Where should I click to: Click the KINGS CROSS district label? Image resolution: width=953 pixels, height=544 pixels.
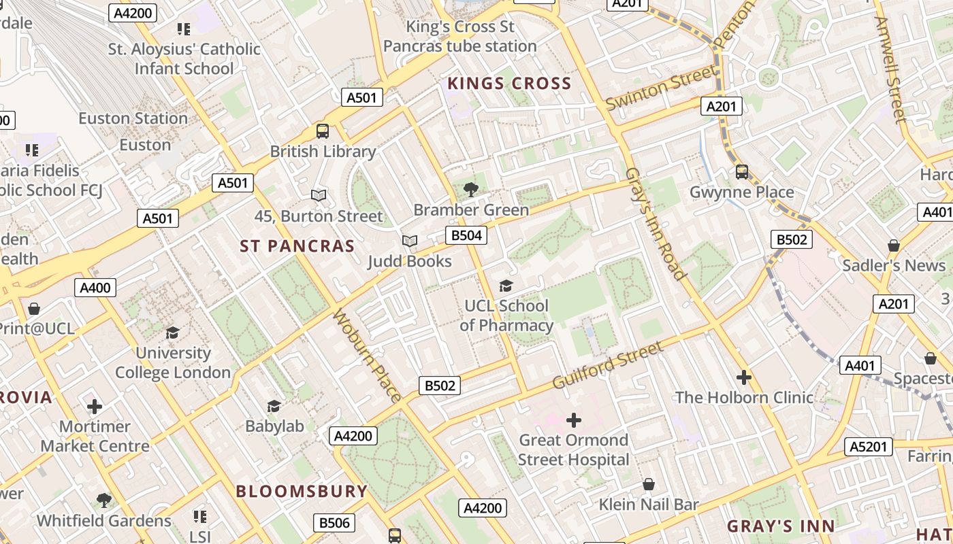[508, 84]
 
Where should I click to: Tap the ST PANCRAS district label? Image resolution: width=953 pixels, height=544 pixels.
[297, 246]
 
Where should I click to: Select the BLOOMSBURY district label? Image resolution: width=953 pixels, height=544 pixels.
[302, 491]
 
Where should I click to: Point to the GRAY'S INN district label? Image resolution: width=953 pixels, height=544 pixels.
[781, 526]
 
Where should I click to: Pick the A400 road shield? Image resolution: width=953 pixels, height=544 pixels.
[95, 288]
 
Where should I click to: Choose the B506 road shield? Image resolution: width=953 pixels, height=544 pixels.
[334, 522]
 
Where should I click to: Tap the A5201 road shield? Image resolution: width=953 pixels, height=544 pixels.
[868, 447]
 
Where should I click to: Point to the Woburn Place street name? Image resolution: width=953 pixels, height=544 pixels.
[367, 354]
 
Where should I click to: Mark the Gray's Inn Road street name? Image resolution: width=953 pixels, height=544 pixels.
[655, 224]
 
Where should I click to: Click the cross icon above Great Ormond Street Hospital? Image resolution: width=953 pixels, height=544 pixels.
[574, 420]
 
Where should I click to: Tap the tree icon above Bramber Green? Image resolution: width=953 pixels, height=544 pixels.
[470, 190]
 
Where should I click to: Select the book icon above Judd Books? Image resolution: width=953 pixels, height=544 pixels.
[409, 241]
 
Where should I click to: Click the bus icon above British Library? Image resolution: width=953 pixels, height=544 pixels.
[323, 131]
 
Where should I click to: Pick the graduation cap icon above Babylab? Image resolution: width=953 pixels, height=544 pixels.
[274, 407]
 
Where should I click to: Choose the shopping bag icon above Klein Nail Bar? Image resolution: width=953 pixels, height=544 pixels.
[649, 484]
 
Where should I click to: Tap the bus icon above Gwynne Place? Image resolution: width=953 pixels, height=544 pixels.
[742, 172]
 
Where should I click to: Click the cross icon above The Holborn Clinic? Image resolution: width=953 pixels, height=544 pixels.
[744, 377]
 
